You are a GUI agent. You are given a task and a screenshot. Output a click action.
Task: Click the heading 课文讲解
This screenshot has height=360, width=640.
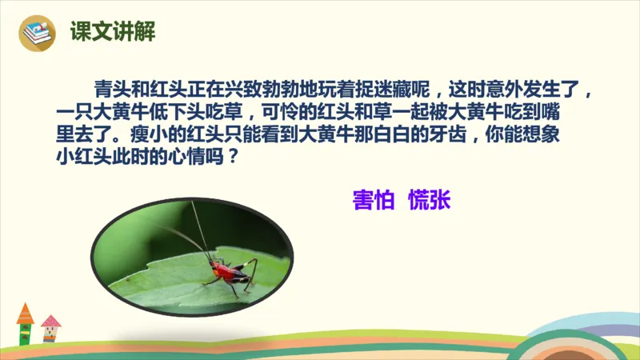112,33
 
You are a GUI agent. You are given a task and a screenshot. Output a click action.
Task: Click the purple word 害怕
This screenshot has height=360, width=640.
373,200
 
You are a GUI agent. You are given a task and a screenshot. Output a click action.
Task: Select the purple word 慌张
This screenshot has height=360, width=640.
429,200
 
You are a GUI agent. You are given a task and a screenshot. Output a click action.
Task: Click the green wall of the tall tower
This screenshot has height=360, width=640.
26,333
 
